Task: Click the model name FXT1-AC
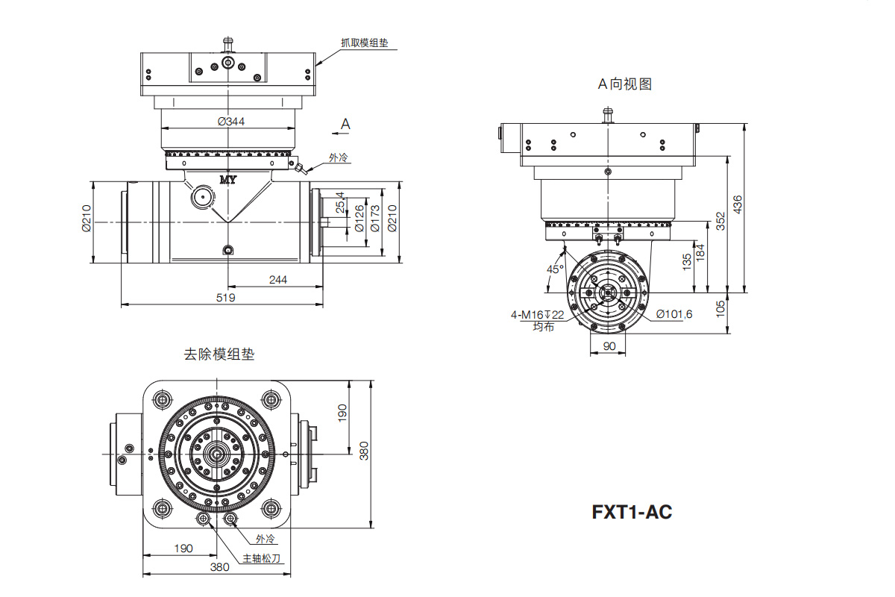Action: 632,512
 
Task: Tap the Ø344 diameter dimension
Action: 231,121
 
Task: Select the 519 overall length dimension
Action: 225,298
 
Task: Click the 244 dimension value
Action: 277,280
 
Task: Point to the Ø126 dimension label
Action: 359,219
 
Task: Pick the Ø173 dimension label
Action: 374,219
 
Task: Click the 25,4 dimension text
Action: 340,202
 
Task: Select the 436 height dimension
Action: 738,204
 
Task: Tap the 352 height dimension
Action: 720,221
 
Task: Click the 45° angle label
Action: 555,269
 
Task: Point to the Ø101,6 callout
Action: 674,314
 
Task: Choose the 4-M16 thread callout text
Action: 538,315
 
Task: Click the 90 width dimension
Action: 609,346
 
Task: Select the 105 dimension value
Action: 720,309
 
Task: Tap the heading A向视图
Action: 624,84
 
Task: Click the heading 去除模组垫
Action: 219,354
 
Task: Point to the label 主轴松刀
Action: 262,558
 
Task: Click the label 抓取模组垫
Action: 365,43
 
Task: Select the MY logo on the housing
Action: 228,180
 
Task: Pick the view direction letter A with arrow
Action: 342,126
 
